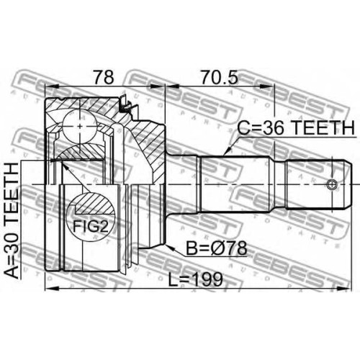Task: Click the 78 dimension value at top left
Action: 104,77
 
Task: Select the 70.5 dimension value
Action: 220,77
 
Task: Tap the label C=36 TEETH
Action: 296,128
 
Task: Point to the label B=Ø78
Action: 217,248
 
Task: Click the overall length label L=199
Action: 195,279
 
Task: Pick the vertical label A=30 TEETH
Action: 12,220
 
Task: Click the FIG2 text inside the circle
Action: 91,226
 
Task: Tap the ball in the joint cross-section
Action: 79,126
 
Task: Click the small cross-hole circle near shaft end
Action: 332,184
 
